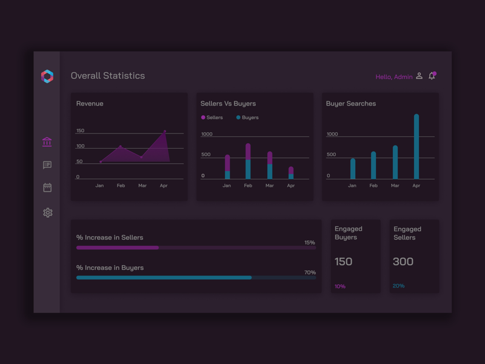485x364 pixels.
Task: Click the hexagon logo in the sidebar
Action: point(47,76)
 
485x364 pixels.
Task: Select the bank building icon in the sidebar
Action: point(47,142)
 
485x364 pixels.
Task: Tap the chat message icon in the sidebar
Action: point(47,165)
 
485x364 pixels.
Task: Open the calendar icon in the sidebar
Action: point(47,187)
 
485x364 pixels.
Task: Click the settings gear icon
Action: point(47,212)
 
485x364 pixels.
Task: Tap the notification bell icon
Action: point(432,76)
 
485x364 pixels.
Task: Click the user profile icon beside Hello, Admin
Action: point(419,76)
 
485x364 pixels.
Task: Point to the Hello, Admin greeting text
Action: point(393,77)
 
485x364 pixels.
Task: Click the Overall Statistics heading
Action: point(108,76)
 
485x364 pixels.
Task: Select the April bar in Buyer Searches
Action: point(416,147)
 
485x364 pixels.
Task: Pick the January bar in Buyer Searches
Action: point(352,169)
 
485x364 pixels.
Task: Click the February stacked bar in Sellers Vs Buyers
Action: point(248,161)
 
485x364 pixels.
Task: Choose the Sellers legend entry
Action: point(212,118)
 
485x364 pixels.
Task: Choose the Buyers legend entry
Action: point(247,118)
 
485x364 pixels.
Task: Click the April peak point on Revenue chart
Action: point(164,131)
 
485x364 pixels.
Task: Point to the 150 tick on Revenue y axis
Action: point(80,131)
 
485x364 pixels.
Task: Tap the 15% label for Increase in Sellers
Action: point(309,243)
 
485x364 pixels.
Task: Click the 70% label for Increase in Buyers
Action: point(309,272)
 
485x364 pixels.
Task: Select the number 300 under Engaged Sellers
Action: point(403,261)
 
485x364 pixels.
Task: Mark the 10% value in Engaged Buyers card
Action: point(339,286)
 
